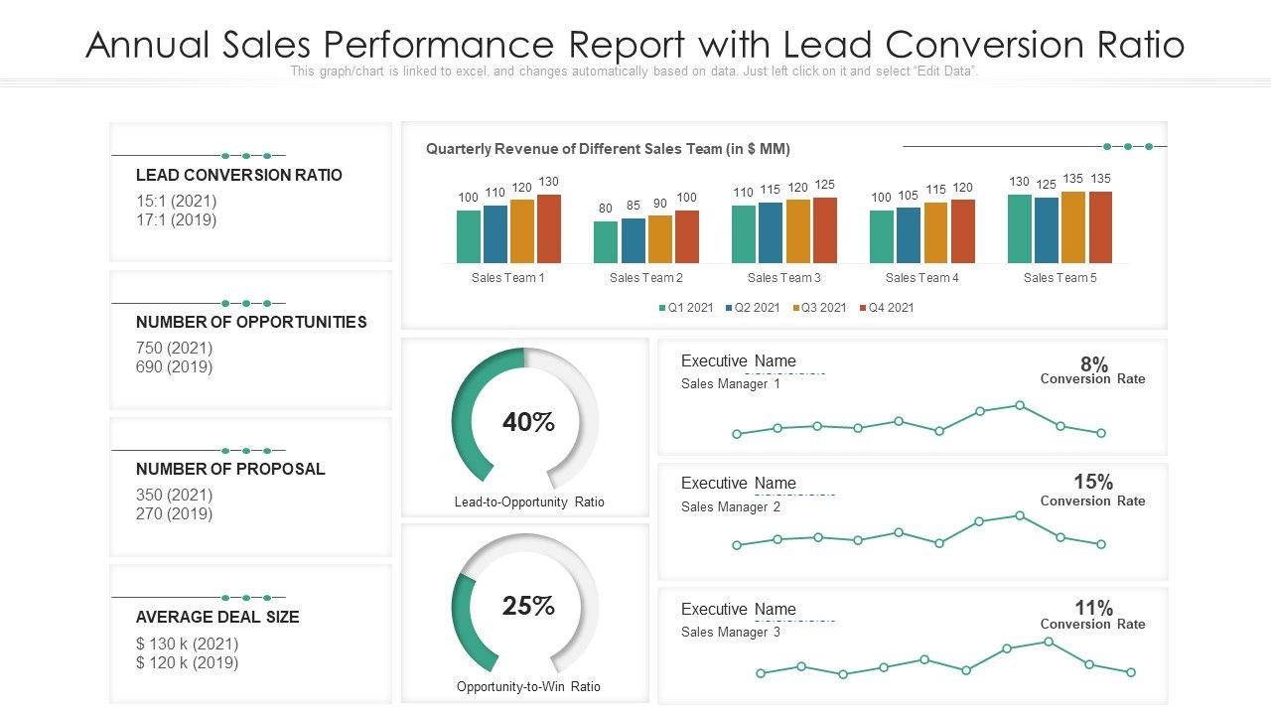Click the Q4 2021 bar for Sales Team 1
(549, 228)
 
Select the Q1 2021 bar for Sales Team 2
(606, 241)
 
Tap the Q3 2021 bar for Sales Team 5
(1072, 227)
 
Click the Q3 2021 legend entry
(819, 308)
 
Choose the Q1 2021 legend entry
(686, 308)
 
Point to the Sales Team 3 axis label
(784, 278)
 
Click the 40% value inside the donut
(528, 422)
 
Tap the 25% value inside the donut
(528, 606)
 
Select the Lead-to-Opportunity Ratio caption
(529, 501)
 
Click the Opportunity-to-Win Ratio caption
(528, 686)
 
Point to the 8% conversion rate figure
(1093, 364)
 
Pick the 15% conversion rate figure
(1093, 482)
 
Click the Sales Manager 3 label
(731, 632)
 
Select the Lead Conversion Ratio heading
(239, 175)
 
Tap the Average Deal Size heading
(217, 617)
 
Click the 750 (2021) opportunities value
(174, 348)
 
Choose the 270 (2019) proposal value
(174, 513)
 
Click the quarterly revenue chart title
(608, 149)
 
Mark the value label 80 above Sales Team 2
(606, 209)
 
